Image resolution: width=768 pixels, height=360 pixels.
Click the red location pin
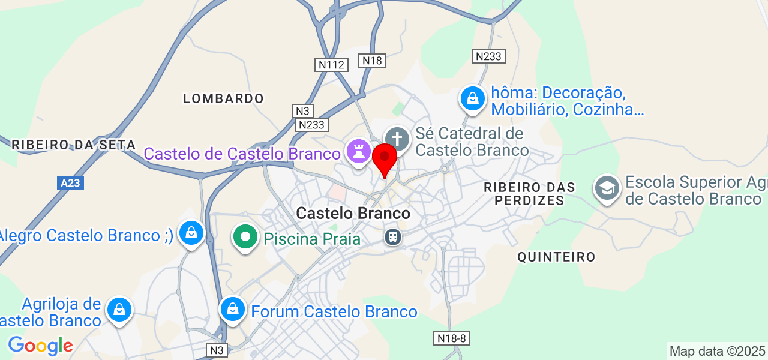[385, 158]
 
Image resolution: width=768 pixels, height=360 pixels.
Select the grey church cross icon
[397, 140]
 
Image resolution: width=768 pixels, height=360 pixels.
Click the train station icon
[393, 238]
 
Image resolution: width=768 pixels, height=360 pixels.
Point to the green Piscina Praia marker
[245, 236]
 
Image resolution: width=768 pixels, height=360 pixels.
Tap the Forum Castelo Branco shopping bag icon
[232, 310]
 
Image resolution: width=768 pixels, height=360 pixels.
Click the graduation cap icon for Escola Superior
[607, 188]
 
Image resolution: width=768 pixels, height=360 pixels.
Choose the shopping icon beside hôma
[473, 98]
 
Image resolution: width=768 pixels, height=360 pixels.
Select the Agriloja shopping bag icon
[119, 310]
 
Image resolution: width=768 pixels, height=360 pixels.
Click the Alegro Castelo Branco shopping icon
[191, 233]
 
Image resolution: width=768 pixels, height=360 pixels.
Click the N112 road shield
[331, 65]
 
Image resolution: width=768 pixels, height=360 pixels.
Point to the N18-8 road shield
[452, 338]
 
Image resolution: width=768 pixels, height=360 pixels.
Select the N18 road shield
[372, 60]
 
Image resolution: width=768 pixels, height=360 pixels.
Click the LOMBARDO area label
[223, 98]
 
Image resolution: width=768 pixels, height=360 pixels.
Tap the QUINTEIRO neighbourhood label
[556, 257]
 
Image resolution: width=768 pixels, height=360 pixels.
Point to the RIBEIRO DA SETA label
[65, 144]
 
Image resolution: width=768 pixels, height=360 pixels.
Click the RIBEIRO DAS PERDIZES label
[529, 194]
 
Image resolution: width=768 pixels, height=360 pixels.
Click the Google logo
[40, 346]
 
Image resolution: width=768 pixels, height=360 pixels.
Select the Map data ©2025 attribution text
[717, 351]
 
